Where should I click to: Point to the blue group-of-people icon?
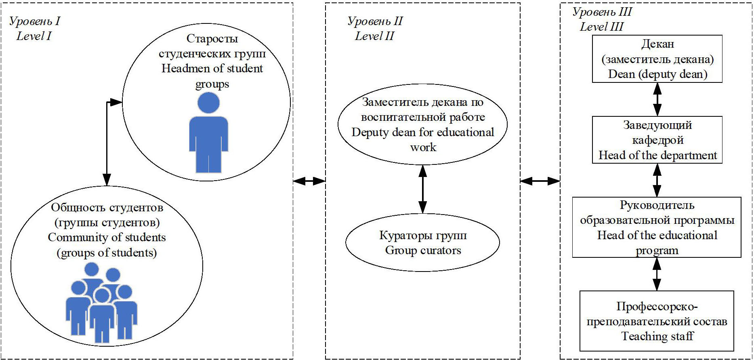click(101, 303)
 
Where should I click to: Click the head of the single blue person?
click(208, 103)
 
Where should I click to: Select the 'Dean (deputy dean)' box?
click(657, 59)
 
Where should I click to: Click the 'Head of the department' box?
click(657, 140)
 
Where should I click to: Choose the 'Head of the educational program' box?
click(657, 227)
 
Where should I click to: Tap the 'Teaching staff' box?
click(657, 321)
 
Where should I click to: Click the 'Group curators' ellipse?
click(422, 242)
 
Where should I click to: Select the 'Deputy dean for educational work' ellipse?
click(422, 124)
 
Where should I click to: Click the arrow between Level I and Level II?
click(309, 181)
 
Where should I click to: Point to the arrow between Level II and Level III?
click(540, 181)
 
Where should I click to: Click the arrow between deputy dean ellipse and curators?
click(422, 189)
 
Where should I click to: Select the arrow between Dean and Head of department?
click(657, 99)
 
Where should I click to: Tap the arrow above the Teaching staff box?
click(657, 274)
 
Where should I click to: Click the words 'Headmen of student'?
click(212, 68)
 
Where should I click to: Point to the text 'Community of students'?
click(107, 237)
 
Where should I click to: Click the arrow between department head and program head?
click(657, 180)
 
